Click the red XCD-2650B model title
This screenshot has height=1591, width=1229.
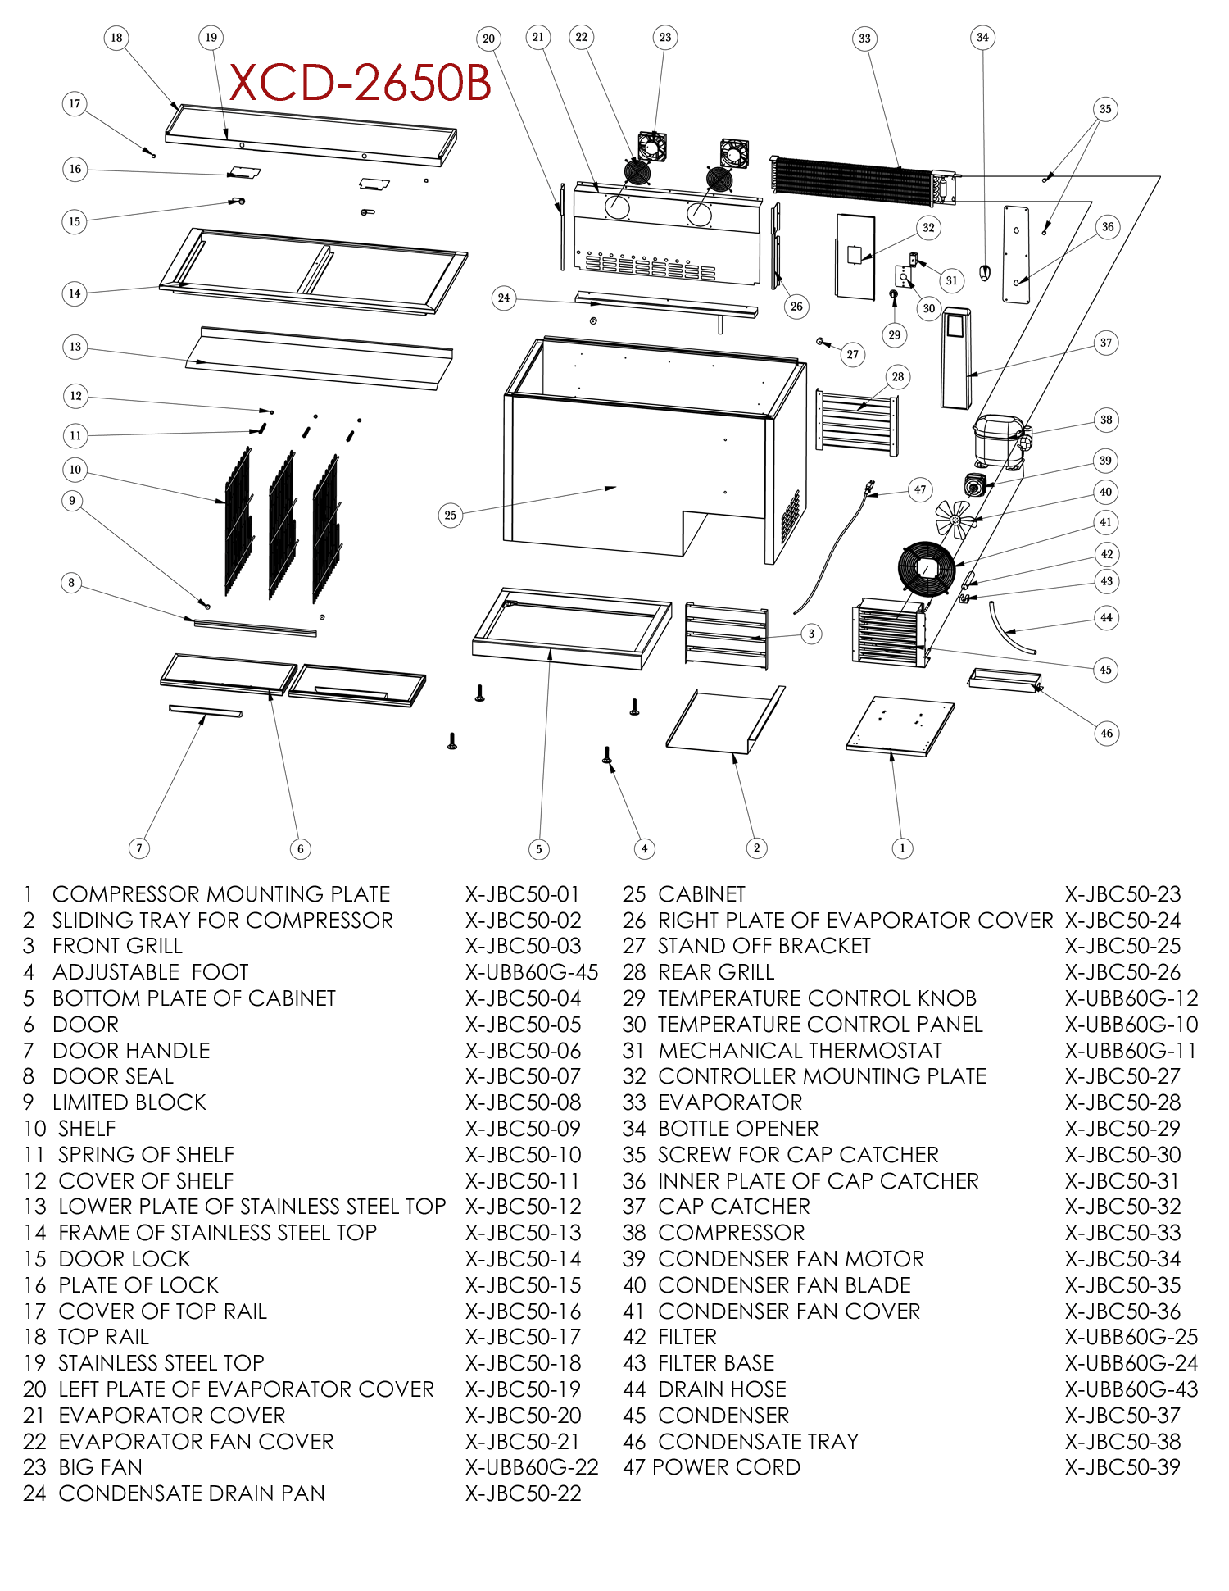click(x=360, y=83)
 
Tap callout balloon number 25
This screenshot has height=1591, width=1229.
click(x=450, y=515)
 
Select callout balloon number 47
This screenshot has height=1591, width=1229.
click(x=920, y=490)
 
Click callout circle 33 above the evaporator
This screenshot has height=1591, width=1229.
click(x=864, y=39)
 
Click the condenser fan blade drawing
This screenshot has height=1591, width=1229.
click(x=955, y=519)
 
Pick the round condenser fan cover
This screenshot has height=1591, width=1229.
click(x=927, y=568)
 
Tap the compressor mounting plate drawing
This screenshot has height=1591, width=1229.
click(x=900, y=725)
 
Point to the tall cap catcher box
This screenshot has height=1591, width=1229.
click(x=956, y=357)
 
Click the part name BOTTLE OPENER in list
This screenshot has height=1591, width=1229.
click(x=738, y=1129)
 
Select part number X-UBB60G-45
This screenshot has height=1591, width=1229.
click(x=532, y=972)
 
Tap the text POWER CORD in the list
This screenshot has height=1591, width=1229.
click(x=726, y=1467)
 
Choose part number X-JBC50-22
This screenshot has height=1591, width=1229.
click(x=524, y=1493)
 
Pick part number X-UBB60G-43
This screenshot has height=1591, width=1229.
click(x=1131, y=1389)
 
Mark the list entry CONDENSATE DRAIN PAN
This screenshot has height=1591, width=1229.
click(x=192, y=1493)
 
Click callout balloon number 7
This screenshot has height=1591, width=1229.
click(x=139, y=848)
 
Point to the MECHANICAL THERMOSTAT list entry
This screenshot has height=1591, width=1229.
click(x=800, y=1051)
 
